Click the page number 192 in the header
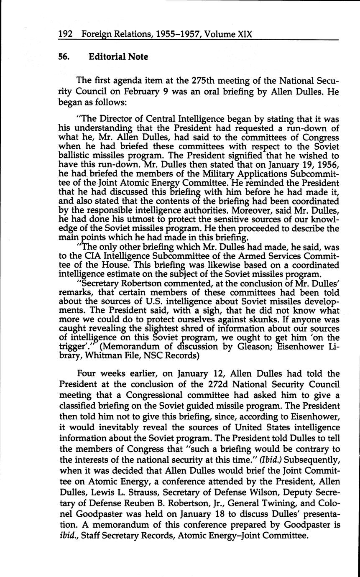point(66,34)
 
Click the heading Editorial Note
point(118,56)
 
